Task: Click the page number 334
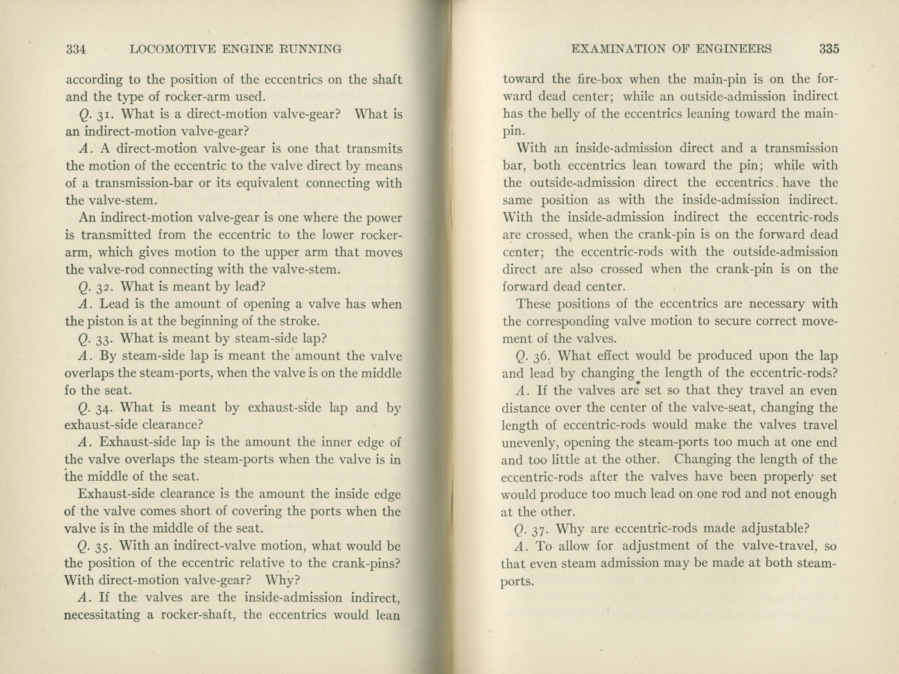(x=76, y=49)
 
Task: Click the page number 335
(x=829, y=49)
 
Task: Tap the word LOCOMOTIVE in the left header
(x=168, y=49)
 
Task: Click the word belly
(x=565, y=114)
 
